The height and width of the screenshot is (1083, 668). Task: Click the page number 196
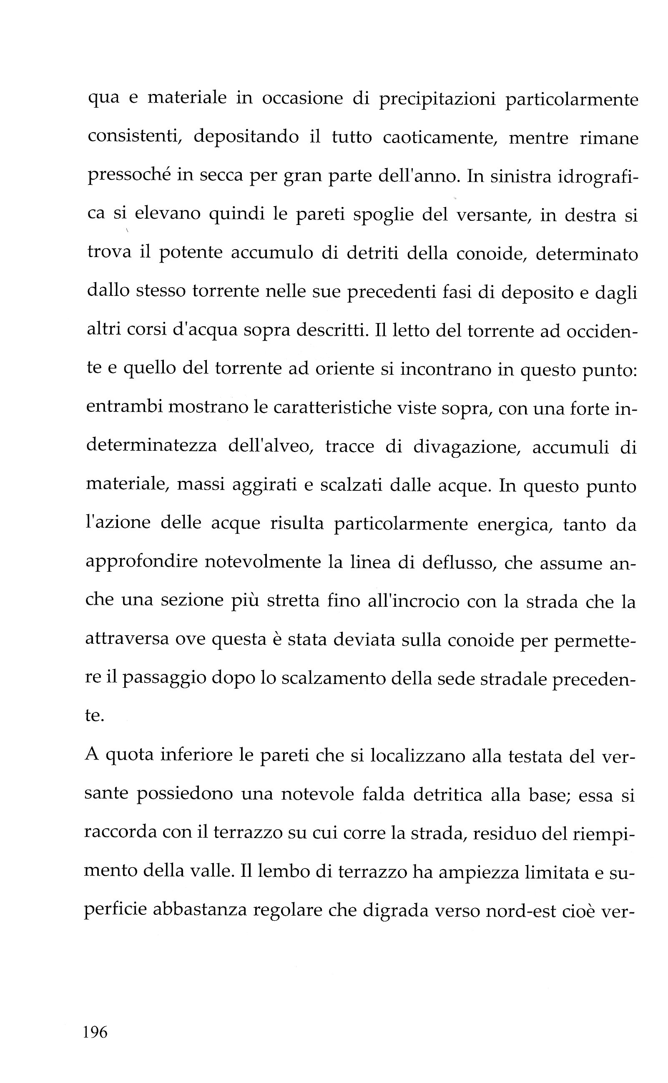[x=95, y=1033]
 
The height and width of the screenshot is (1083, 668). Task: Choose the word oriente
[x=344, y=369]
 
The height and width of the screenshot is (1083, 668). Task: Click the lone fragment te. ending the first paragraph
[x=94, y=716]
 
